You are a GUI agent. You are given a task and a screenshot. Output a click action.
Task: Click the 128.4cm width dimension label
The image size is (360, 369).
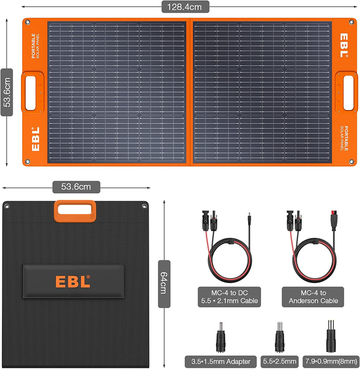(185, 7)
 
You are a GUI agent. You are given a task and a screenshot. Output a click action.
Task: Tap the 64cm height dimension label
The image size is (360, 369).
(164, 284)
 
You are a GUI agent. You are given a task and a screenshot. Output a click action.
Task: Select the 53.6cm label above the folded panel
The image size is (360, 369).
(76, 187)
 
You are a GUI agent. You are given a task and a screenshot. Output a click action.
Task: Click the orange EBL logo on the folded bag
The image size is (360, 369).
(73, 281)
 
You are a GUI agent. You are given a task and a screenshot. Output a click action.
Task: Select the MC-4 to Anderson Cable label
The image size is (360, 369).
(313, 297)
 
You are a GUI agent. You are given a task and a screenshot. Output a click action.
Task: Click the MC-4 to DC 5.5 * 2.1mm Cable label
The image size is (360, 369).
(229, 297)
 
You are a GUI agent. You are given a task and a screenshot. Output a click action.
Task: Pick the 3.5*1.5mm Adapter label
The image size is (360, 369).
(221, 361)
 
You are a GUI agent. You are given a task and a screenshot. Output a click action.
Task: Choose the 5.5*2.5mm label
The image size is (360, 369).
(280, 361)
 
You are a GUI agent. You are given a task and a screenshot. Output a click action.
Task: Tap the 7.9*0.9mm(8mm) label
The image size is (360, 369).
(331, 361)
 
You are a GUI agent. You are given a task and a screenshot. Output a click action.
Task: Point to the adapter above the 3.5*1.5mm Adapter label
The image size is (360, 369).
(221, 338)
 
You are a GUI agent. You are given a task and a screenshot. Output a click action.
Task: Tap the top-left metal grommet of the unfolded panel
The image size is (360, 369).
(28, 22)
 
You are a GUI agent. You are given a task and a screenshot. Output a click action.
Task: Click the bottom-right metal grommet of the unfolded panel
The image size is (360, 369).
(351, 162)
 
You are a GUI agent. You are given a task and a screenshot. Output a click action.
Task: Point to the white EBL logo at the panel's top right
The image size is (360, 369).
(344, 45)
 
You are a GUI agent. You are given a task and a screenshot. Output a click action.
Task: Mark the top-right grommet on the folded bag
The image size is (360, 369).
(144, 206)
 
